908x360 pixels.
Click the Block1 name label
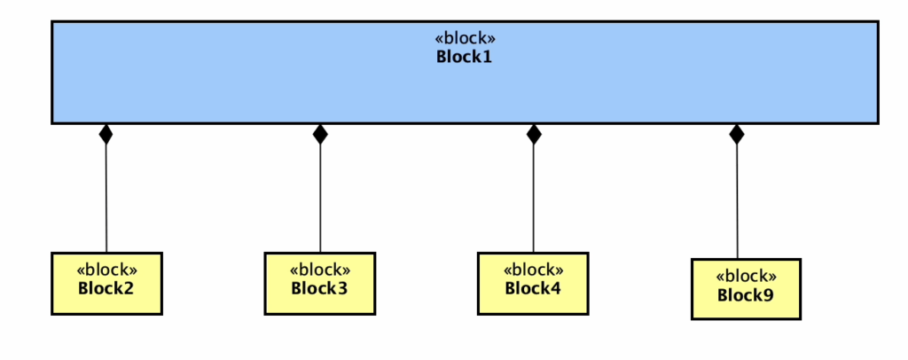pyautogui.click(x=464, y=57)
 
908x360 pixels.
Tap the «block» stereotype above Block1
pyautogui.click(x=464, y=39)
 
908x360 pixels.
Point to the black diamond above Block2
pyautogui.click(x=106, y=134)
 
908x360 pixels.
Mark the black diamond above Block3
pyautogui.click(x=320, y=134)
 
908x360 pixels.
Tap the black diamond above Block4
pyautogui.click(x=533, y=134)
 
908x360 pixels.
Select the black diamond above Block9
pyautogui.click(x=736, y=134)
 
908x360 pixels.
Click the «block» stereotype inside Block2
pyautogui.click(x=106, y=270)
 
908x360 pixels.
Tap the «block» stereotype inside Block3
pyautogui.click(x=319, y=270)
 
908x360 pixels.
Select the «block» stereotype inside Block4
pyautogui.click(x=533, y=270)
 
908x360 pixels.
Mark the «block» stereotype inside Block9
pyautogui.click(x=746, y=276)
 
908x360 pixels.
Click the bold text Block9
pyautogui.click(x=746, y=294)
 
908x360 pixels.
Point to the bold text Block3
pyautogui.click(x=319, y=288)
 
